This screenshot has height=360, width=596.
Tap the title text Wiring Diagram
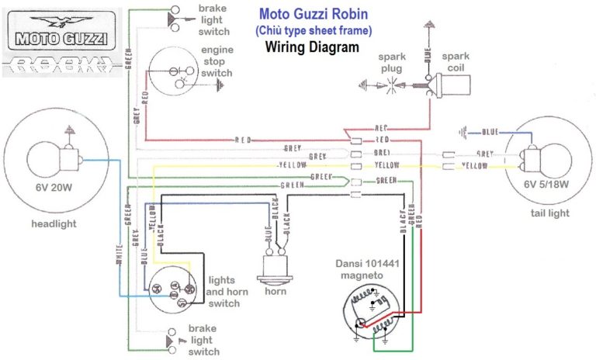click(x=312, y=47)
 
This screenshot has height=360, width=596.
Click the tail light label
click(x=548, y=213)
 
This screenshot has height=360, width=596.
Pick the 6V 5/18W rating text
click(x=547, y=184)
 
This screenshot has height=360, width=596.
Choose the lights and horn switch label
click(x=224, y=292)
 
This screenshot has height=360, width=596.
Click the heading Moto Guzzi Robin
click(x=313, y=14)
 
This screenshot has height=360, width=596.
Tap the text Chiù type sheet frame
click(x=313, y=30)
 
